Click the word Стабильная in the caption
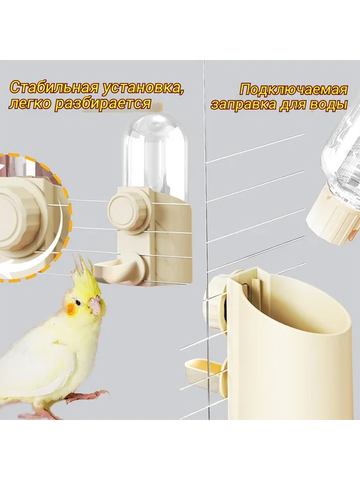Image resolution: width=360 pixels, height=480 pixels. pyautogui.click(x=54, y=88)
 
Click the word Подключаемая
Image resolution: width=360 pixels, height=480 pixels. pyautogui.click(x=294, y=90)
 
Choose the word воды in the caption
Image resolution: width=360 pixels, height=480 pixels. pyautogui.click(x=330, y=105)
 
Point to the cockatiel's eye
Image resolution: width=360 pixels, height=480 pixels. pyautogui.click(x=79, y=303)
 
